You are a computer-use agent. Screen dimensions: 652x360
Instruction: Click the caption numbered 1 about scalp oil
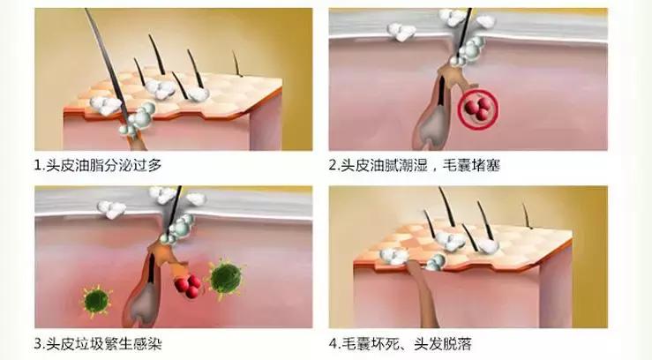click(x=98, y=165)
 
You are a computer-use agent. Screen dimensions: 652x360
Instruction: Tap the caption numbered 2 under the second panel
click(x=414, y=165)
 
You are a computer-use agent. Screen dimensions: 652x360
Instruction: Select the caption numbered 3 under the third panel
click(x=98, y=344)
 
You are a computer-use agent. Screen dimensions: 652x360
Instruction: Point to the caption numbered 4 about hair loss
click(x=401, y=344)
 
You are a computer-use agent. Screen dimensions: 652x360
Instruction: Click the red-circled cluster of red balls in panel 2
click(x=478, y=109)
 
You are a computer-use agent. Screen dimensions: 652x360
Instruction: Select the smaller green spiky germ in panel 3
click(x=96, y=301)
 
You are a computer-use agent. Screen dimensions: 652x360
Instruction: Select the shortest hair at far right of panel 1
click(x=237, y=64)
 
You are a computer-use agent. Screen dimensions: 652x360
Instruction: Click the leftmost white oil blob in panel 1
click(x=105, y=106)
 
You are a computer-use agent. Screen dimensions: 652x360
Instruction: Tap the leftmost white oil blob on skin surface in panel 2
click(x=401, y=32)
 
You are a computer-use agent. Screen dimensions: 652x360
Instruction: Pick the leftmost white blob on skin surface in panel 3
click(x=111, y=209)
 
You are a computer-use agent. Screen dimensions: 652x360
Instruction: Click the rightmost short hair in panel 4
click(x=528, y=216)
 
